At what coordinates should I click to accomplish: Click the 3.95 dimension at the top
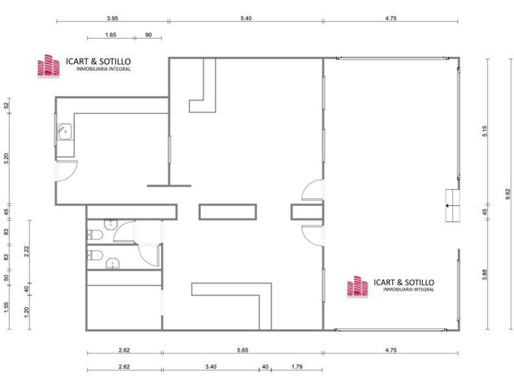[x=112, y=18]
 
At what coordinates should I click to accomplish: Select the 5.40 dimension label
[x=246, y=18]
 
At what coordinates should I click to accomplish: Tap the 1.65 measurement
[x=111, y=35]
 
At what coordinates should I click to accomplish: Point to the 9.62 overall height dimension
[x=508, y=194]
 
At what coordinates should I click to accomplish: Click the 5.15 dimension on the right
[x=485, y=131]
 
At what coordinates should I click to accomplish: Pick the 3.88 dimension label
[x=485, y=274]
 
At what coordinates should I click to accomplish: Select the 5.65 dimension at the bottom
[x=242, y=350]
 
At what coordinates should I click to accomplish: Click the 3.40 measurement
[x=210, y=367]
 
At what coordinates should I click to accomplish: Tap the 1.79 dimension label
[x=297, y=367]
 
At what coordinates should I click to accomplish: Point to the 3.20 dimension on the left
[x=7, y=159]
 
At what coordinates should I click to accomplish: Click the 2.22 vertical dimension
[x=27, y=251]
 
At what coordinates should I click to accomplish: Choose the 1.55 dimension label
[x=7, y=307]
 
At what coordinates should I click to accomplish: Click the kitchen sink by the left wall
[x=65, y=132]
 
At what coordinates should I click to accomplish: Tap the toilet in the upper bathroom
[x=95, y=235]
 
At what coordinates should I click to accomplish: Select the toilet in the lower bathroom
[x=95, y=255]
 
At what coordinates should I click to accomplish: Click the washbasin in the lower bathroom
[x=113, y=263]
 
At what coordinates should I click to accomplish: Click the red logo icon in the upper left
[x=48, y=66]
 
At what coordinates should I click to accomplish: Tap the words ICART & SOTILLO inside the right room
[x=404, y=282]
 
